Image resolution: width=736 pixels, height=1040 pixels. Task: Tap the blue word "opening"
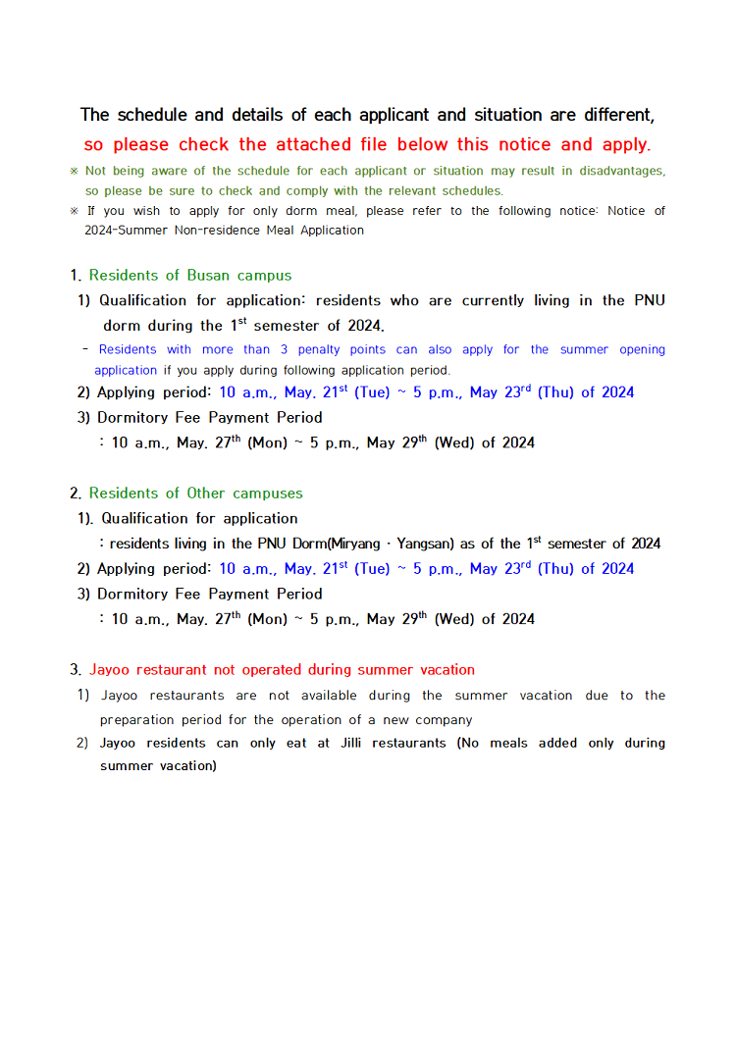[x=642, y=349]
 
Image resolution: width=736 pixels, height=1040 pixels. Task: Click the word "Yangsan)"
[x=424, y=544]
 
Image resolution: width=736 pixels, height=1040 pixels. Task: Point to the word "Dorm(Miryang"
[x=336, y=544]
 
